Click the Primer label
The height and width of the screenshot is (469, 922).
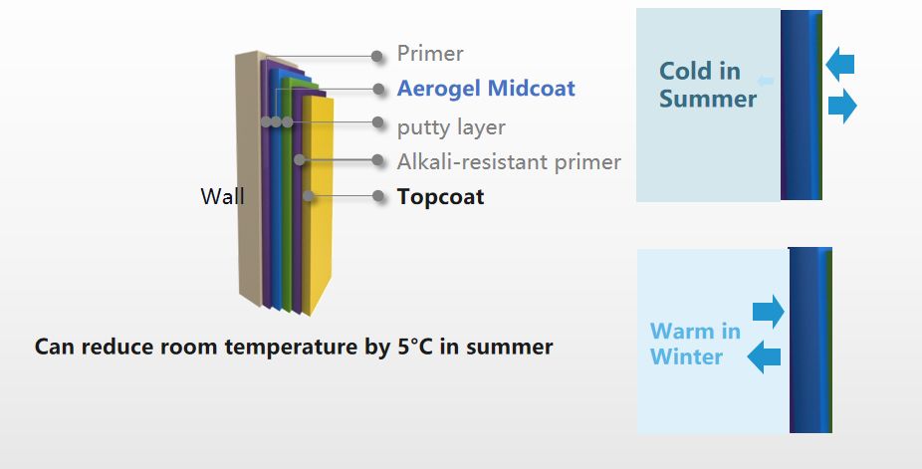click(430, 54)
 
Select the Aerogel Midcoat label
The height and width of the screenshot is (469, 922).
click(486, 89)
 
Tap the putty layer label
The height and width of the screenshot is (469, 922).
click(451, 127)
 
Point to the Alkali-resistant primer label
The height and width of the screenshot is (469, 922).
click(509, 161)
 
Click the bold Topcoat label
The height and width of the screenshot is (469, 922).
click(440, 197)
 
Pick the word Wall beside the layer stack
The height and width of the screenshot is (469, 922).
click(222, 196)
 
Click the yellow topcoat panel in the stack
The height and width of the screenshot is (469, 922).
click(320, 203)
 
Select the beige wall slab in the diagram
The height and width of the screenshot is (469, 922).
click(249, 176)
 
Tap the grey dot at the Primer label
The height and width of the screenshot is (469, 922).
click(377, 57)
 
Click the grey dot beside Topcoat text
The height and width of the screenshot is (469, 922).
click(378, 196)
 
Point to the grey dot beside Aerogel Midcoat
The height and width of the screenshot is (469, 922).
click(378, 90)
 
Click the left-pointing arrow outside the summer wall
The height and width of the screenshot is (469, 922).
click(839, 64)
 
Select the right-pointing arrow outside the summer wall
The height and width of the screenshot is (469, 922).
click(842, 107)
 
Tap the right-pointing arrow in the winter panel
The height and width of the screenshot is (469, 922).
click(769, 312)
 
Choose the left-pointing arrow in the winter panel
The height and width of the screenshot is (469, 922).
click(764, 356)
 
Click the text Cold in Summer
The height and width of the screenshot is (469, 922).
click(707, 85)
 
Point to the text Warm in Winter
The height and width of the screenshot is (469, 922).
click(695, 344)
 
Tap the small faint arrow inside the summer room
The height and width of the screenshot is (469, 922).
click(765, 81)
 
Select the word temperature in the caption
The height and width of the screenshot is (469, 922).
click(290, 348)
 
